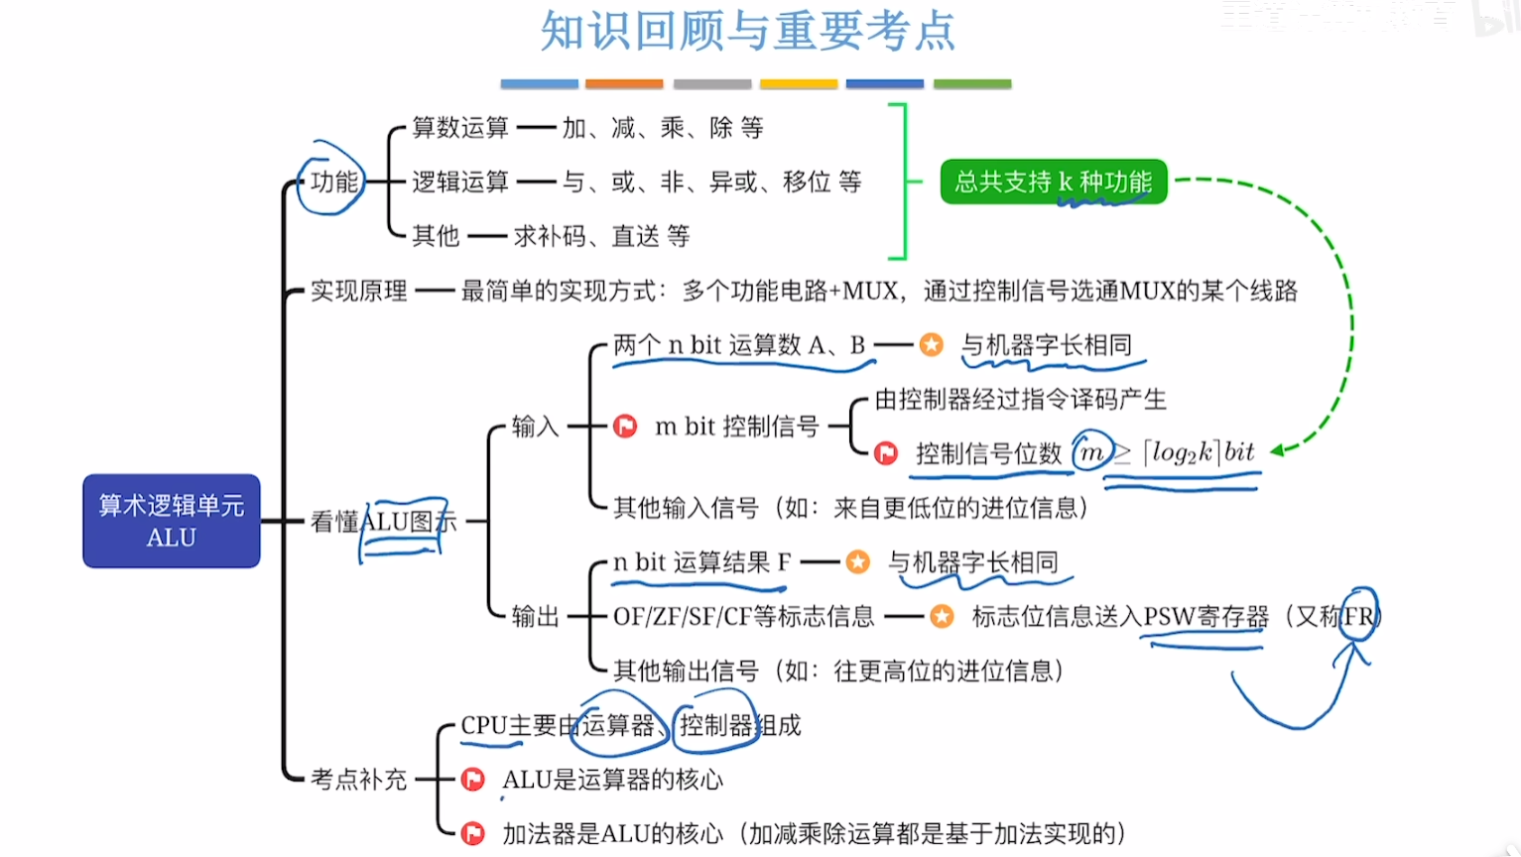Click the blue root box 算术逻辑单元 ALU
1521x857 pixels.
172,521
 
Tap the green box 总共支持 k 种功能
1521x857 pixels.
1053,182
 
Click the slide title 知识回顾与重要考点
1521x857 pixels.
748,31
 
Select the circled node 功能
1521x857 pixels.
333,182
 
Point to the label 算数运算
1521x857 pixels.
459,128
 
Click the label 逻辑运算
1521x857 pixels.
459,182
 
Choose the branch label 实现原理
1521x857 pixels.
358,291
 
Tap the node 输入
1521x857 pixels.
536,427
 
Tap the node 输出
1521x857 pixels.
536,616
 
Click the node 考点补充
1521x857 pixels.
358,780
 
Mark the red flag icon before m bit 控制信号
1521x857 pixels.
625,427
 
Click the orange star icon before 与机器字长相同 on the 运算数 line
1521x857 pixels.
931,345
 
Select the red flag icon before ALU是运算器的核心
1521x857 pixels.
473,780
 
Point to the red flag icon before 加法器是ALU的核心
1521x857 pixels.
473,833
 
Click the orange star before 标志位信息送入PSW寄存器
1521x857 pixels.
942,617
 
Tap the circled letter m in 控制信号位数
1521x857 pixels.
1091,453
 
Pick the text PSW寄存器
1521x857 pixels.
1205,617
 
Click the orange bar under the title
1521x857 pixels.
624,84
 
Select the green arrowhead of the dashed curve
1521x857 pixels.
1278,450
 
